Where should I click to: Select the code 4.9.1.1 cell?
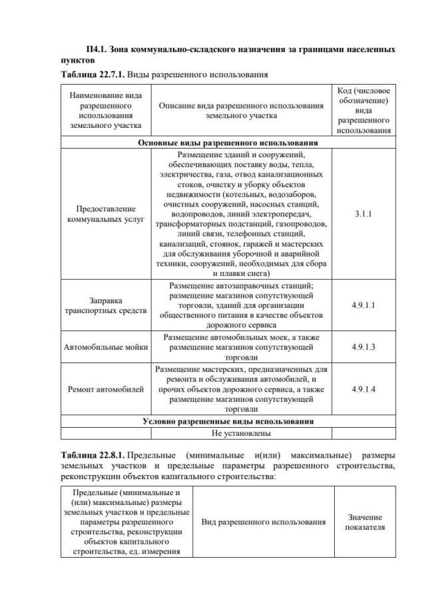363,305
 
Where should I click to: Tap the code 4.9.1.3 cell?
363,346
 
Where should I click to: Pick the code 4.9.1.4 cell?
363,389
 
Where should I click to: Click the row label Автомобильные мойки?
106,346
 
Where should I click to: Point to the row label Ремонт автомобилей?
106,389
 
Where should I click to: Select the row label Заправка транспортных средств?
106,305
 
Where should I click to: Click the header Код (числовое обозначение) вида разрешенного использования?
363,110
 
